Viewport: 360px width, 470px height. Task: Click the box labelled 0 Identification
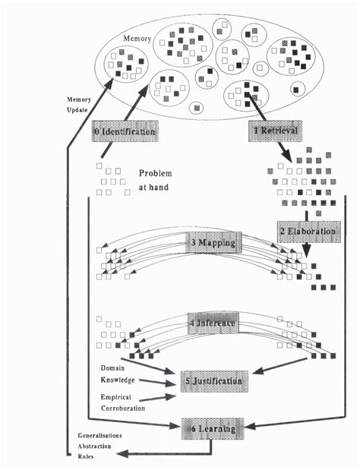(x=125, y=131)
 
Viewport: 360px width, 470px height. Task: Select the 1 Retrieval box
(x=276, y=131)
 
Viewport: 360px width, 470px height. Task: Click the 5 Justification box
(x=212, y=380)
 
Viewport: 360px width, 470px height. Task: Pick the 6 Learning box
(x=213, y=429)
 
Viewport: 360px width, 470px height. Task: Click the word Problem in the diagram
(x=155, y=172)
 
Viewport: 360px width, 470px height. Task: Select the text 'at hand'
(x=152, y=188)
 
